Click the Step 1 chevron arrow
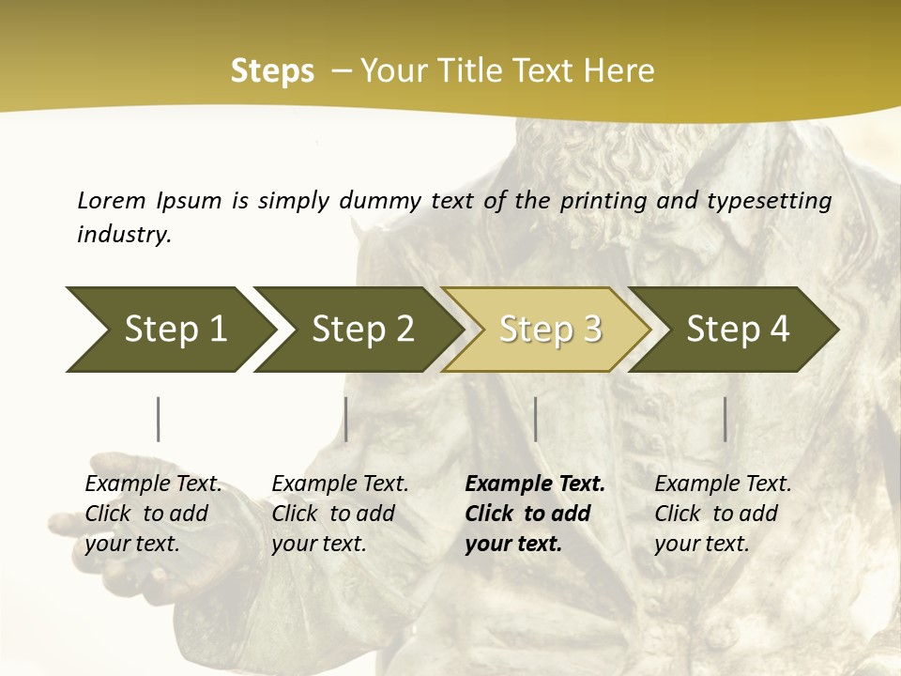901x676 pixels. [169, 330]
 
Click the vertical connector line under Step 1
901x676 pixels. [159, 419]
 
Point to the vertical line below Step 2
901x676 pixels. [346, 419]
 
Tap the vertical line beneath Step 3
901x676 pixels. [536, 419]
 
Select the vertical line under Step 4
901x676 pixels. [725, 419]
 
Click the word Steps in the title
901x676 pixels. [272, 71]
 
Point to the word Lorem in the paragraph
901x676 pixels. [111, 200]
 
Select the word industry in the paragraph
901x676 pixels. [124, 234]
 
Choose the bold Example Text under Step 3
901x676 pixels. [535, 484]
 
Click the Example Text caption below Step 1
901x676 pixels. [153, 484]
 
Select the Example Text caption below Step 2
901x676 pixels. [340, 484]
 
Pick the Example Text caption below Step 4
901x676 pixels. [723, 484]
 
